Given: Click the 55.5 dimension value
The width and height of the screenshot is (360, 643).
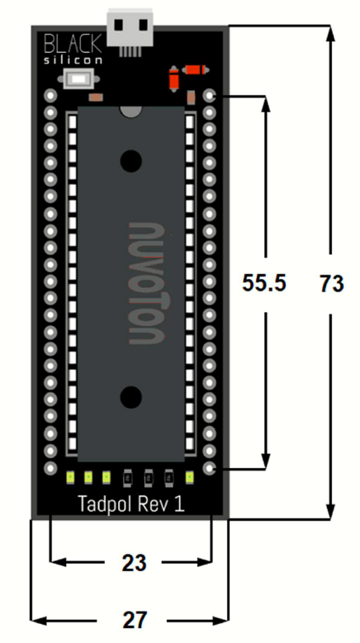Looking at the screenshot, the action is pyautogui.click(x=264, y=283).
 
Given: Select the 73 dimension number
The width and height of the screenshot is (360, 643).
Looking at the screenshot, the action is pyautogui.click(x=332, y=283).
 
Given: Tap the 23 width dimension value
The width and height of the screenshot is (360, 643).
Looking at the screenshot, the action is pyautogui.click(x=134, y=564).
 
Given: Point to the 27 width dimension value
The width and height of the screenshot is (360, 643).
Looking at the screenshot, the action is pyautogui.click(x=134, y=621).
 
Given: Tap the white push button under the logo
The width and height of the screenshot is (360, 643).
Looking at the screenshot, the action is pyautogui.click(x=78, y=78).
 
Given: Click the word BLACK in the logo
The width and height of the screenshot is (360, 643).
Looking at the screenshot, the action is pyautogui.click(x=73, y=44).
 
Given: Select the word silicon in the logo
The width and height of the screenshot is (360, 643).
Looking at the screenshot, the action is pyautogui.click(x=73, y=60).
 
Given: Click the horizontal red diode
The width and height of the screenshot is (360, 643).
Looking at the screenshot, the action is pyautogui.click(x=195, y=70).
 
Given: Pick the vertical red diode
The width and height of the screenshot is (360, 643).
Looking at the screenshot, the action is pyautogui.click(x=174, y=78).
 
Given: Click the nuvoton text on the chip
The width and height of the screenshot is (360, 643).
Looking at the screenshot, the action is pyautogui.click(x=146, y=283).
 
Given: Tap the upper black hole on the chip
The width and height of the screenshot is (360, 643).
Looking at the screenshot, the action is pyautogui.click(x=130, y=161).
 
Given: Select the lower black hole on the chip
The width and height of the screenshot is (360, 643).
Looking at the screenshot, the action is pyautogui.click(x=130, y=396).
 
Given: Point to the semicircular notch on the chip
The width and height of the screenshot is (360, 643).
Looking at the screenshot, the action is pyautogui.click(x=130, y=111).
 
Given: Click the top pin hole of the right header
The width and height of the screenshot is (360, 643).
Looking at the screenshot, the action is pyautogui.click(x=210, y=96).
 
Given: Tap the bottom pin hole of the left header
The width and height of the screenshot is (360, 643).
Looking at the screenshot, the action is pyautogui.click(x=50, y=467).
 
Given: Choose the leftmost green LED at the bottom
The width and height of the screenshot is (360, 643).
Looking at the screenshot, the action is pyautogui.click(x=69, y=477).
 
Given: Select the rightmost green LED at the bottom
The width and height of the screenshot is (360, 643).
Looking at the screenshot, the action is pyautogui.click(x=189, y=477).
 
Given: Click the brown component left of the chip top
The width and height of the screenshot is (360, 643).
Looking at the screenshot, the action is pyautogui.click(x=97, y=97).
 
